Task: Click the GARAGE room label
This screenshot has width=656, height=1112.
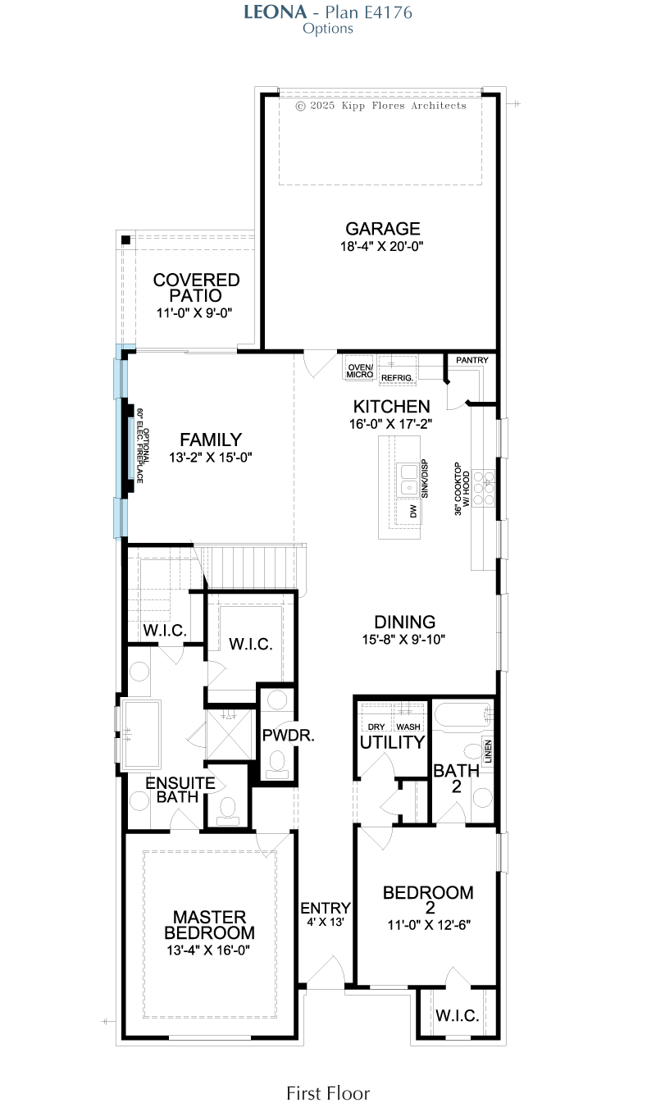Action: point(383,229)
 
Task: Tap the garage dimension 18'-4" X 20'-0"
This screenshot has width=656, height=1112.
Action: point(381,246)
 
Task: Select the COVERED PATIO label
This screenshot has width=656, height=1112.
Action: point(196,288)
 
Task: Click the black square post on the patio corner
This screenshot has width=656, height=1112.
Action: point(125,240)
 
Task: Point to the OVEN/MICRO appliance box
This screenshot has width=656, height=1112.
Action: point(359,368)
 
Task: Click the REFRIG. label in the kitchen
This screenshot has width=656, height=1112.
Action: point(397,378)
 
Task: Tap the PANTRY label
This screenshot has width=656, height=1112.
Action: point(471,360)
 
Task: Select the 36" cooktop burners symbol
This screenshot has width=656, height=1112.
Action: point(483,488)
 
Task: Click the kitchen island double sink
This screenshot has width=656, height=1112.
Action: point(408,480)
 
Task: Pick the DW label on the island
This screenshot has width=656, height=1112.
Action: point(413,512)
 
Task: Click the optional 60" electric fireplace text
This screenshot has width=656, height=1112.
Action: point(143,445)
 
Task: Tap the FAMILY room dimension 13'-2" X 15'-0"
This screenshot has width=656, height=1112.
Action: point(211,458)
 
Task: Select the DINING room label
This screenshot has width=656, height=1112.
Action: point(404,622)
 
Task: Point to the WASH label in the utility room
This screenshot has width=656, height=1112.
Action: point(408,727)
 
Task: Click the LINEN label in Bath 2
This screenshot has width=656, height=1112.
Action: point(488,752)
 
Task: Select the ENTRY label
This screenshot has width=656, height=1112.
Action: point(326,908)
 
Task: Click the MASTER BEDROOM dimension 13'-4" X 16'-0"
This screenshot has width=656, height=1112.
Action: point(208,950)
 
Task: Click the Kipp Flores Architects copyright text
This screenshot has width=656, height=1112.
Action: point(380,106)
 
